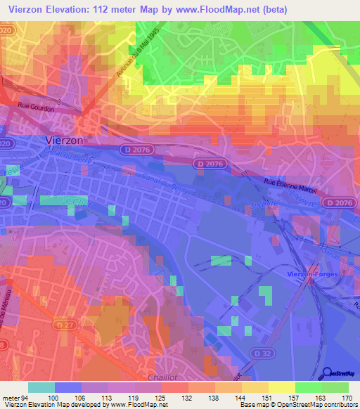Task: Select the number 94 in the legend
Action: click(x=26, y=398)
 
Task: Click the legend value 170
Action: click(x=347, y=398)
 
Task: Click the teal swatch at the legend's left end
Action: click(x=41, y=387)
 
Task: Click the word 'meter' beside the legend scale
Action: click(x=11, y=398)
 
